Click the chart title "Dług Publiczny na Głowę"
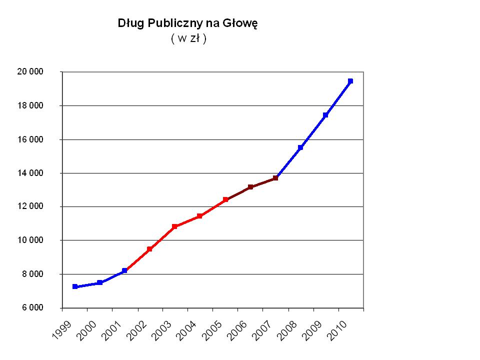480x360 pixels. click(187, 23)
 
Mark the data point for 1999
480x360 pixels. click(75, 286)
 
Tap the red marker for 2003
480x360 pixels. click(174, 226)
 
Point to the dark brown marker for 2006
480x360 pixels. click(250, 187)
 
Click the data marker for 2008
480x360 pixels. click(300, 147)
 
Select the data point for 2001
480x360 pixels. click(124, 270)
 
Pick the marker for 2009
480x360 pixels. click(325, 115)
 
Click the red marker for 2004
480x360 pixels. click(199, 216)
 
